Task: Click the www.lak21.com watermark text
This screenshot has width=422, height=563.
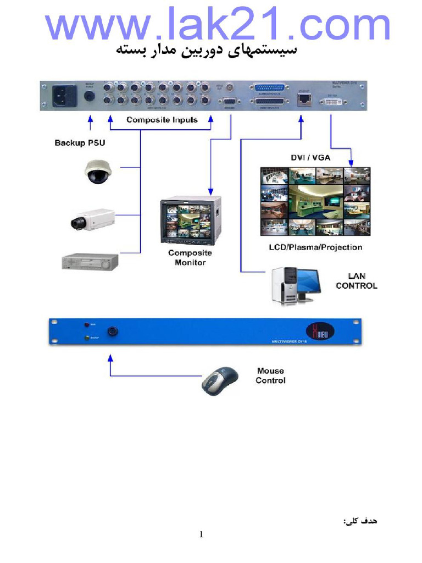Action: pyautogui.click(x=217, y=25)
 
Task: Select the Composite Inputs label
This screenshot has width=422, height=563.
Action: pyautogui.click(x=162, y=120)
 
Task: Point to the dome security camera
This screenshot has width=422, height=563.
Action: pyautogui.click(x=98, y=171)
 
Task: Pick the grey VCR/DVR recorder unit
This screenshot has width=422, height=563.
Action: pyautogui.click(x=90, y=261)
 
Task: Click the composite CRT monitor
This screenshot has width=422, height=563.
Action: pyautogui.click(x=190, y=220)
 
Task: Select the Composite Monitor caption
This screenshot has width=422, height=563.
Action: pyautogui.click(x=190, y=258)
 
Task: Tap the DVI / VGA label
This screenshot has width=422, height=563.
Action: pyautogui.click(x=310, y=158)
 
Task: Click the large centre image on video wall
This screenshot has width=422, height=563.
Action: pyautogui.click(x=315, y=202)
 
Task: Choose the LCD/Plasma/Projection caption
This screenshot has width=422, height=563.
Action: pyautogui.click(x=315, y=247)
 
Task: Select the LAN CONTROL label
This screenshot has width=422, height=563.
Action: pyautogui.click(x=357, y=281)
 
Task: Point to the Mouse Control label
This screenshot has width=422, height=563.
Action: pyautogui.click(x=270, y=376)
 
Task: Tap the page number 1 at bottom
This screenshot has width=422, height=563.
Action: pyautogui.click(x=202, y=534)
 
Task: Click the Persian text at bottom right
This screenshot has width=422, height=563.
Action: pyautogui.click(x=361, y=520)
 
